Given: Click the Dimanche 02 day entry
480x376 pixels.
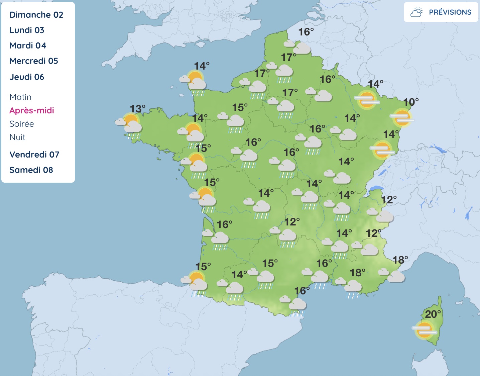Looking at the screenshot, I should pyautogui.click(x=36, y=15).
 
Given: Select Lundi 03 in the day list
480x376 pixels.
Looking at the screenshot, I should pyautogui.click(x=27, y=30).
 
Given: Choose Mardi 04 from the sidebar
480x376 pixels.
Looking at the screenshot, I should pyautogui.click(x=28, y=45).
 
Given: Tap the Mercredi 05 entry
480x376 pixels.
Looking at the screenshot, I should pyautogui.click(x=34, y=61).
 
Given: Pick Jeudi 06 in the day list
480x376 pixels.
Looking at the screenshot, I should pyautogui.click(x=27, y=77).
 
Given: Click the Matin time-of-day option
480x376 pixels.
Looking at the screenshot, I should pyautogui.click(x=20, y=97).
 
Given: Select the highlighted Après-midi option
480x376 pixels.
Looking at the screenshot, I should pyautogui.click(x=32, y=110).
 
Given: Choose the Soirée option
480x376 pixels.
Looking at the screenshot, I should pyautogui.click(x=22, y=124).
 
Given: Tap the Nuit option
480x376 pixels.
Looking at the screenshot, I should pyautogui.click(x=17, y=137).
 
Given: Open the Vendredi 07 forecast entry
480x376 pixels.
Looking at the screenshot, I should pyautogui.click(x=34, y=155).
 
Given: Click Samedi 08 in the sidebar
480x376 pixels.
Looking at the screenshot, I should pyautogui.click(x=31, y=170).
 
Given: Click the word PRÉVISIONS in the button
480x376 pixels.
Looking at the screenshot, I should pyautogui.click(x=450, y=12).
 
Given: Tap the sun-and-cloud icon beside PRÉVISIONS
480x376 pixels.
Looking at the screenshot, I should pyautogui.click(x=416, y=12).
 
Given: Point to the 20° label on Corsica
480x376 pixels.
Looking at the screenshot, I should pyautogui.click(x=433, y=314).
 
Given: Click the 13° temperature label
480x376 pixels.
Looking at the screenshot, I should pyautogui.click(x=137, y=109).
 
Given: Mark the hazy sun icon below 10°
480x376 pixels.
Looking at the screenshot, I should pyautogui.click(x=402, y=117).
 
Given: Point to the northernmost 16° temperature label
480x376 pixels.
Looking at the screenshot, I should pyautogui.click(x=306, y=32).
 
